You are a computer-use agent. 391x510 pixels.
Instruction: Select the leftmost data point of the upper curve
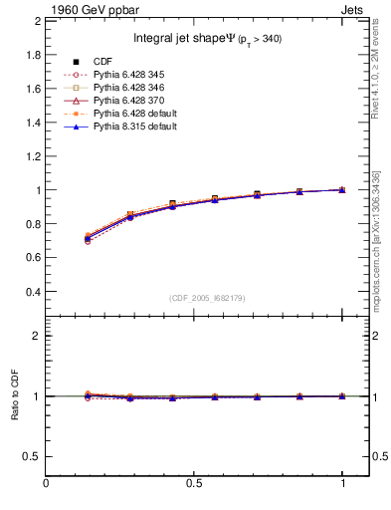pos(89,238)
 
